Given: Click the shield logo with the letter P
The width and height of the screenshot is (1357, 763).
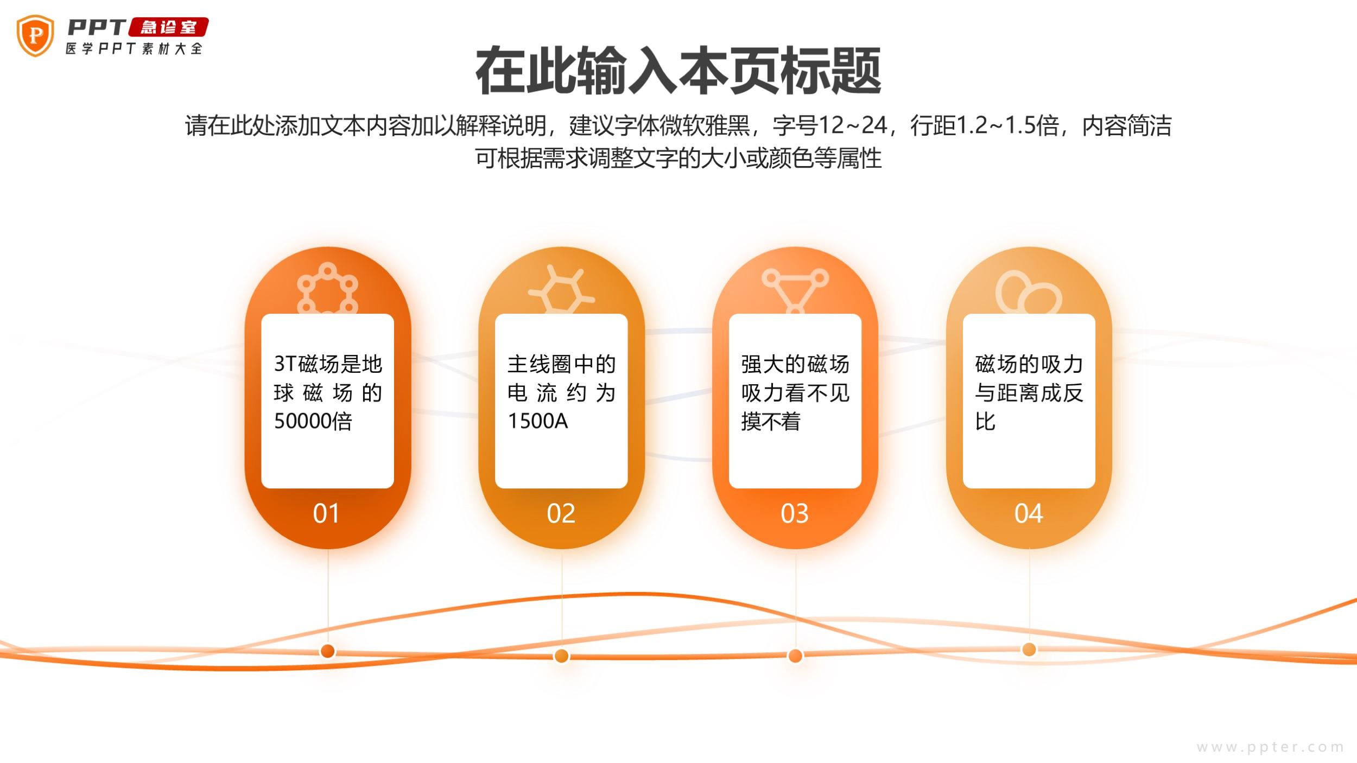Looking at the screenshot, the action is click(35, 36).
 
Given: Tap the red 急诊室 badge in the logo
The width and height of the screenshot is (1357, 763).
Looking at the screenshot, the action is click(168, 27).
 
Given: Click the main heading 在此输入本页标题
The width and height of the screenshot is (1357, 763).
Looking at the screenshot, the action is click(678, 71).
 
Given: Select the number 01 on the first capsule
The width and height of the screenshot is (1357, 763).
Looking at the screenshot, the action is click(326, 513).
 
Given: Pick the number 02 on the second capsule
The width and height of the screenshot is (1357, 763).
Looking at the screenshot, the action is click(561, 513).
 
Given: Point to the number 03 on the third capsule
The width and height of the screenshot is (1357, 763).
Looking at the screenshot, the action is click(795, 513).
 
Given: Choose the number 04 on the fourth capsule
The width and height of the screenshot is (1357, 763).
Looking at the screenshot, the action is click(1029, 513).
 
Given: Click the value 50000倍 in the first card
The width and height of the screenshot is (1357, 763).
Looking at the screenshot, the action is click(313, 421).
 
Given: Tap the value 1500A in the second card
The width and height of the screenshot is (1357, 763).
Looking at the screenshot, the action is click(537, 421).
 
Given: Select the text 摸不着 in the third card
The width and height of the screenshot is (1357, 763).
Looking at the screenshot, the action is click(771, 421).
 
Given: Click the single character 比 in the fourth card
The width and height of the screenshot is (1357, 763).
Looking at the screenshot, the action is click(985, 421).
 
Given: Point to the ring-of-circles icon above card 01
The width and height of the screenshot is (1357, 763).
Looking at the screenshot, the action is click(327, 288).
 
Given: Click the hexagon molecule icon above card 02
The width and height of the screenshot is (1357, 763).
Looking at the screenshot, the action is click(561, 290).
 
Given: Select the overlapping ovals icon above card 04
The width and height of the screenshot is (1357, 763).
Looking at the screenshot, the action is click(1028, 292).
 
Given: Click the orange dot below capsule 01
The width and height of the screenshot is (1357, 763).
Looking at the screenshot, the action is click(327, 651).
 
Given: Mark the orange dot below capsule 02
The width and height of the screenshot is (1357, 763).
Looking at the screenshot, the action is click(561, 656).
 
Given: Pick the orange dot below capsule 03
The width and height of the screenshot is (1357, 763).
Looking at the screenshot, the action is click(795, 656).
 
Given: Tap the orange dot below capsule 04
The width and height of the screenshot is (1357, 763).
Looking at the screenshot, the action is click(1029, 649).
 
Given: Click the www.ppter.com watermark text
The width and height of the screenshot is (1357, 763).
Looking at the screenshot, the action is click(1270, 747).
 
